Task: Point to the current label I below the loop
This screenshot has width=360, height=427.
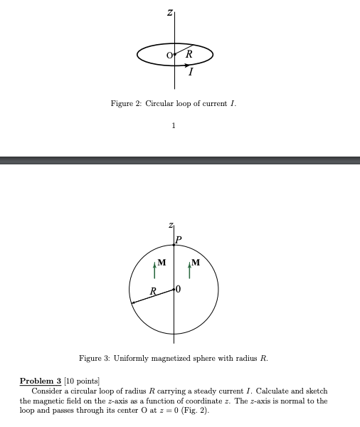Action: pyautogui.click(x=191, y=72)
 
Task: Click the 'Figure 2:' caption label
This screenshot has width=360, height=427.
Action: pyautogui.click(x=126, y=104)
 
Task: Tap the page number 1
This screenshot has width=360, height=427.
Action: pyautogui.click(x=174, y=126)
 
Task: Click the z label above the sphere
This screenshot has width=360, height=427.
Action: pyautogui.click(x=171, y=226)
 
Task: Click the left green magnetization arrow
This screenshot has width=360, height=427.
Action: pyautogui.click(x=154, y=271)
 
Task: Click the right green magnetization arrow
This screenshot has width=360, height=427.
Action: pyautogui.click(x=189, y=271)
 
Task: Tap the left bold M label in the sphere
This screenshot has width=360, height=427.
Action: pyautogui.click(x=162, y=262)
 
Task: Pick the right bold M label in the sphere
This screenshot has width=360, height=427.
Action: pyautogui.click(x=196, y=262)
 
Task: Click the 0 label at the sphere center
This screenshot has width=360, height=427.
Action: pyautogui.click(x=179, y=289)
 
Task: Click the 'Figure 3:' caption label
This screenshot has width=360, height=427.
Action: pyautogui.click(x=94, y=358)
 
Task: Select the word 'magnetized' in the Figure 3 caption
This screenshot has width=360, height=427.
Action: pyautogui.click(x=170, y=358)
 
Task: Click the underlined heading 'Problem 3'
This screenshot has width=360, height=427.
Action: pyautogui.click(x=41, y=381)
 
